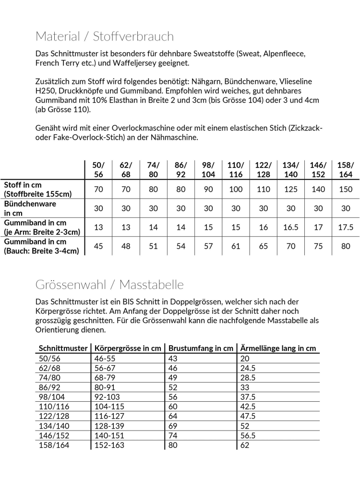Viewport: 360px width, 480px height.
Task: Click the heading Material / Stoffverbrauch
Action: click(105, 36)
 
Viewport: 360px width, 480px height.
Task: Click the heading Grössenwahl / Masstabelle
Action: click(109, 285)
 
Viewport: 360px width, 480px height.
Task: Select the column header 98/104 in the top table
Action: click(208, 169)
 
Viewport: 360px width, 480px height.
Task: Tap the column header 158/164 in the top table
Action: click(346, 169)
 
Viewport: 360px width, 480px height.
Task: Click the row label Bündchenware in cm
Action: click(30, 208)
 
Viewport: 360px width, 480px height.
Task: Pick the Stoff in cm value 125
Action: click(291, 189)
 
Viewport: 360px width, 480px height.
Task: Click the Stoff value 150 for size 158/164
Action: click(346, 189)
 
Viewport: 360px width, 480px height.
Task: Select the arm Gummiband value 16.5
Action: click(291, 228)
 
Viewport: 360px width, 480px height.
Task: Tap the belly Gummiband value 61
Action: click(236, 247)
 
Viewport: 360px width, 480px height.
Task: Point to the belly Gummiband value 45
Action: click(98, 247)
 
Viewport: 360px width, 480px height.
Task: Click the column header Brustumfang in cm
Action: click(200, 348)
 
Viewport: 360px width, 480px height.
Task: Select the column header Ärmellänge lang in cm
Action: click(278, 348)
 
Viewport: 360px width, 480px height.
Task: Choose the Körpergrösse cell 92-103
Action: click(108, 397)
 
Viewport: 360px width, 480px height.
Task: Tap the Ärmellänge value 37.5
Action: click(248, 397)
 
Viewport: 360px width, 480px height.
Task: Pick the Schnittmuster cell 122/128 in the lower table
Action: click(54, 416)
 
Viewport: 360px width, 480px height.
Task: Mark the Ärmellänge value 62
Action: click(245, 445)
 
